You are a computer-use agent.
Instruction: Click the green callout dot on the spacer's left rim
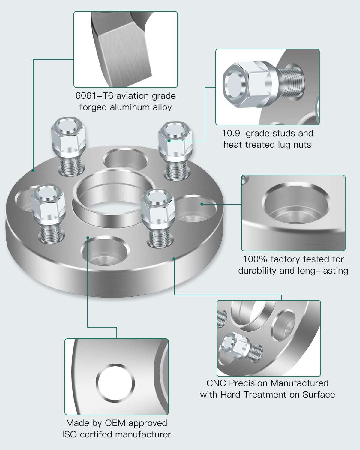[33, 170]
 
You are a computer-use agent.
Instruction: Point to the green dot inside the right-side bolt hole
[202, 204]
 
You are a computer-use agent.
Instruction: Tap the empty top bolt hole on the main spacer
[125, 159]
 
